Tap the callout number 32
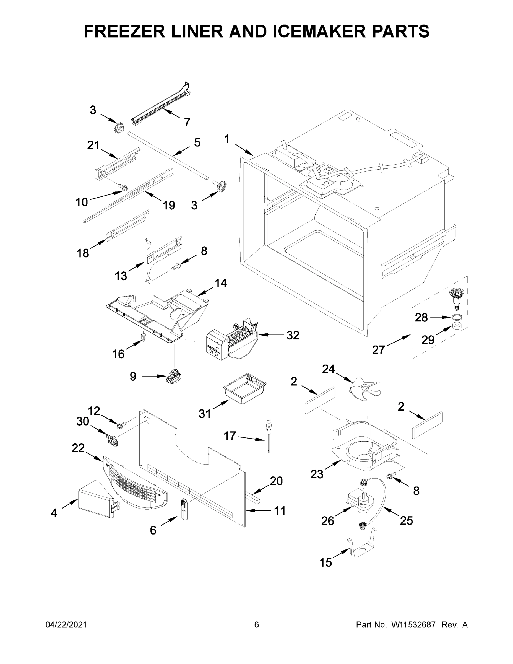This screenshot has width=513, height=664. (293, 335)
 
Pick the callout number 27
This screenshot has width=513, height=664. (378, 350)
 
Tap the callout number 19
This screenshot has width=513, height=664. (169, 205)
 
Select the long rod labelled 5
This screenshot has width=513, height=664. (169, 154)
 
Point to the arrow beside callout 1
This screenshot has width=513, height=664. (244, 150)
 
